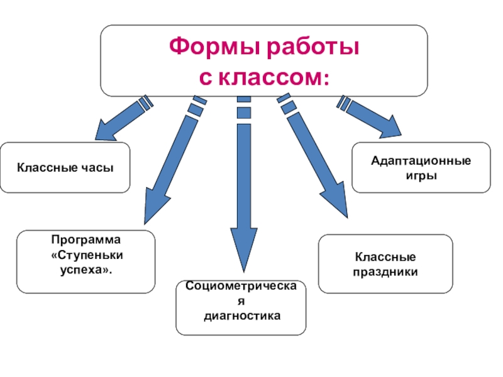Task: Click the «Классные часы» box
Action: pyautogui.click(x=65, y=167)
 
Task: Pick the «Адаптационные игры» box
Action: pyautogui.click(x=421, y=168)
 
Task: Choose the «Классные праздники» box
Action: pyautogui.click(x=385, y=264)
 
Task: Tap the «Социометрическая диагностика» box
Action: pyautogui.click(x=241, y=308)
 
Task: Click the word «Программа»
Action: pyautogui.click(x=86, y=240)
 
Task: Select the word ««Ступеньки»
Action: pyautogui.click(x=86, y=255)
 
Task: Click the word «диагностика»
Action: pyautogui.click(x=241, y=315)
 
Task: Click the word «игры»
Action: pyautogui.click(x=421, y=175)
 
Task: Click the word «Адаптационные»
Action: pyautogui.click(x=421, y=161)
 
